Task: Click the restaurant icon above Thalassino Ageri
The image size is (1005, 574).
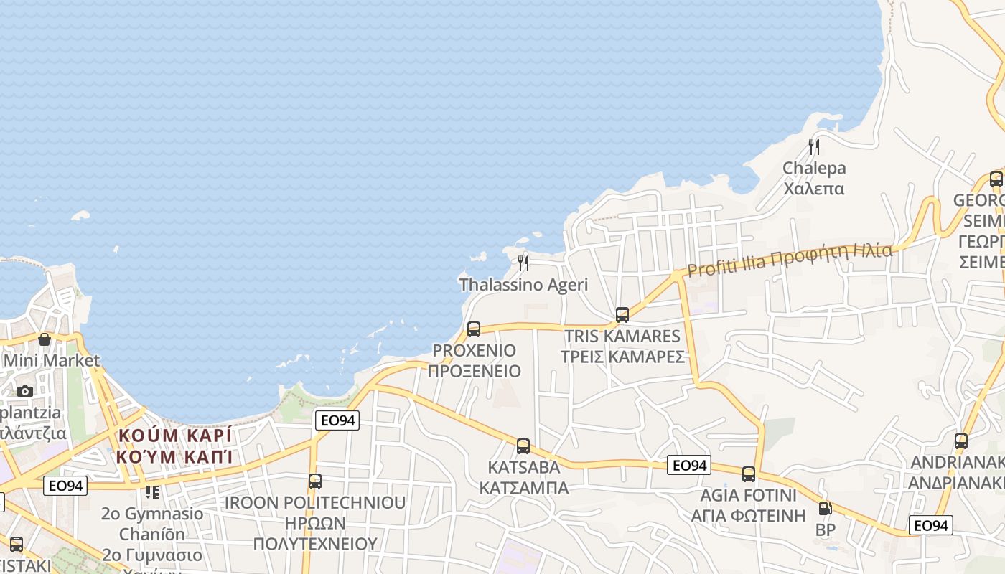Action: tap(523, 263)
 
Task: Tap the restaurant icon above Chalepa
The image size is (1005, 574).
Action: tap(814, 147)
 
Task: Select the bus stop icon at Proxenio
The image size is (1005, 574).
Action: tap(474, 329)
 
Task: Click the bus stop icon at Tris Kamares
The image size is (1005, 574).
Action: tap(622, 314)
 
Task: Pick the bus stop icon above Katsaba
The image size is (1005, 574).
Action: tap(523, 446)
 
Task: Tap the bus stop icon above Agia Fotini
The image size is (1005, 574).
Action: tap(749, 474)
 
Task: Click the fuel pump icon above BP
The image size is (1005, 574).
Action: tap(826, 509)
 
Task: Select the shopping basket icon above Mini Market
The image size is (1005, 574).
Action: tap(45, 339)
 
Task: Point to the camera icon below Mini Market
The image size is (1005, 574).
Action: tap(25, 391)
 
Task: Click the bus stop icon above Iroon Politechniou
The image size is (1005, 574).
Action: tap(315, 481)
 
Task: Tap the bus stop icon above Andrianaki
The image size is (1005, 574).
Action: tap(961, 441)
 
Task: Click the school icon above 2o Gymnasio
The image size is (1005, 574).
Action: tap(152, 492)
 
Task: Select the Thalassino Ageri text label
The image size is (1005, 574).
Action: tap(523, 285)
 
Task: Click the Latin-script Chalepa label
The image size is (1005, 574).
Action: tap(814, 169)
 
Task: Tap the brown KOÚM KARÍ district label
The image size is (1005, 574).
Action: tap(175, 436)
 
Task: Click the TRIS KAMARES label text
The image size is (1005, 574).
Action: tap(622, 337)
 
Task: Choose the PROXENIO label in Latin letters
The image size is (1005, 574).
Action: tap(474, 351)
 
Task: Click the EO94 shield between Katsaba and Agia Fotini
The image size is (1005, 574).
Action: tap(689, 466)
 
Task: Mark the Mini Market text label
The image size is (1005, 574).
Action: tap(52, 360)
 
